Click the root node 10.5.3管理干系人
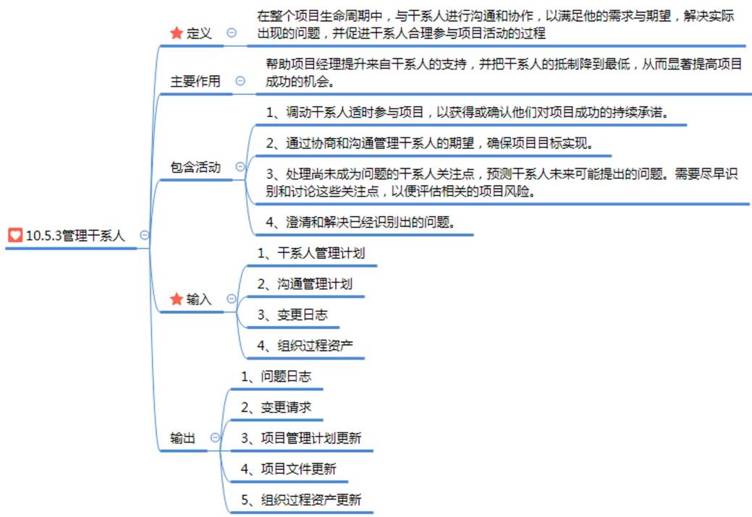click(x=75, y=236)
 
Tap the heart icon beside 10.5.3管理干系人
click(x=15, y=236)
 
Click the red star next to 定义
click(x=176, y=33)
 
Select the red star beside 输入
click(x=176, y=299)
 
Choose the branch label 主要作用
click(x=195, y=82)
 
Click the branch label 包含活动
click(x=195, y=167)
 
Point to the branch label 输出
click(x=182, y=437)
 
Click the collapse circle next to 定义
click(x=232, y=33)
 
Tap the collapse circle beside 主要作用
click(x=240, y=82)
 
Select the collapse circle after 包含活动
click(x=240, y=167)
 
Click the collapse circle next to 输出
click(x=215, y=437)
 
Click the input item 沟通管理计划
click(x=305, y=284)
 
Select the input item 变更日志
click(x=292, y=315)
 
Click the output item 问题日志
click(x=276, y=377)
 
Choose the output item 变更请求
click(x=276, y=408)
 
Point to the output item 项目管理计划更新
click(x=301, y=438)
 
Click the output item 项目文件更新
click(x=289, y=469)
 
